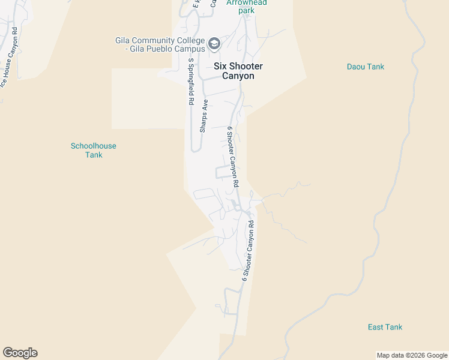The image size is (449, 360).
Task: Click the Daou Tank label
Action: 365,67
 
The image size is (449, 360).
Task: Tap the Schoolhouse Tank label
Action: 94,150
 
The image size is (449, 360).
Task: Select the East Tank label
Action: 385,327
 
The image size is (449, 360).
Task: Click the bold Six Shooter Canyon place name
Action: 238,71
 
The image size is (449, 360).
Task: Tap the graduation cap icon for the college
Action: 214,43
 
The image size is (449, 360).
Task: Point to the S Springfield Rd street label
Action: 191,82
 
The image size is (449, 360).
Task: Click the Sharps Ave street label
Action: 204,115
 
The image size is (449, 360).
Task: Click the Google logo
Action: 20,353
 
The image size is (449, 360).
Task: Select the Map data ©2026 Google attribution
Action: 412,355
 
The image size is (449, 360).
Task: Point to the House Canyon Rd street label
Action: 9,63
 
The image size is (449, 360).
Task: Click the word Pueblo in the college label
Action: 158,49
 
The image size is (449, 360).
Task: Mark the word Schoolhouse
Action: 94,146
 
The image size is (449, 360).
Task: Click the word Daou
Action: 357,67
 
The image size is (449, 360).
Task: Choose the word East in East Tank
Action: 376,327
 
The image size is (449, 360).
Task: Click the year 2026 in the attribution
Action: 417,355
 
